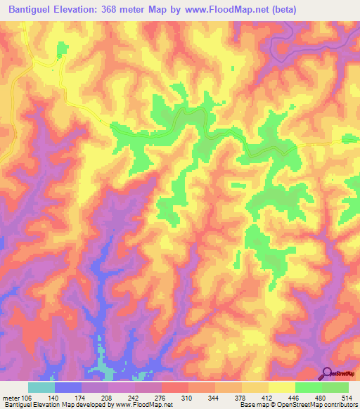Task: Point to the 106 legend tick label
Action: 25,396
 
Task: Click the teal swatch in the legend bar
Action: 41,387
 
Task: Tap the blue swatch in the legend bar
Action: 68,387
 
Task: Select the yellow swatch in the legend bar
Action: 282,387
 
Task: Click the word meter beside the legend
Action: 10,396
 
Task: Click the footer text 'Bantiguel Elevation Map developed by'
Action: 55,405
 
